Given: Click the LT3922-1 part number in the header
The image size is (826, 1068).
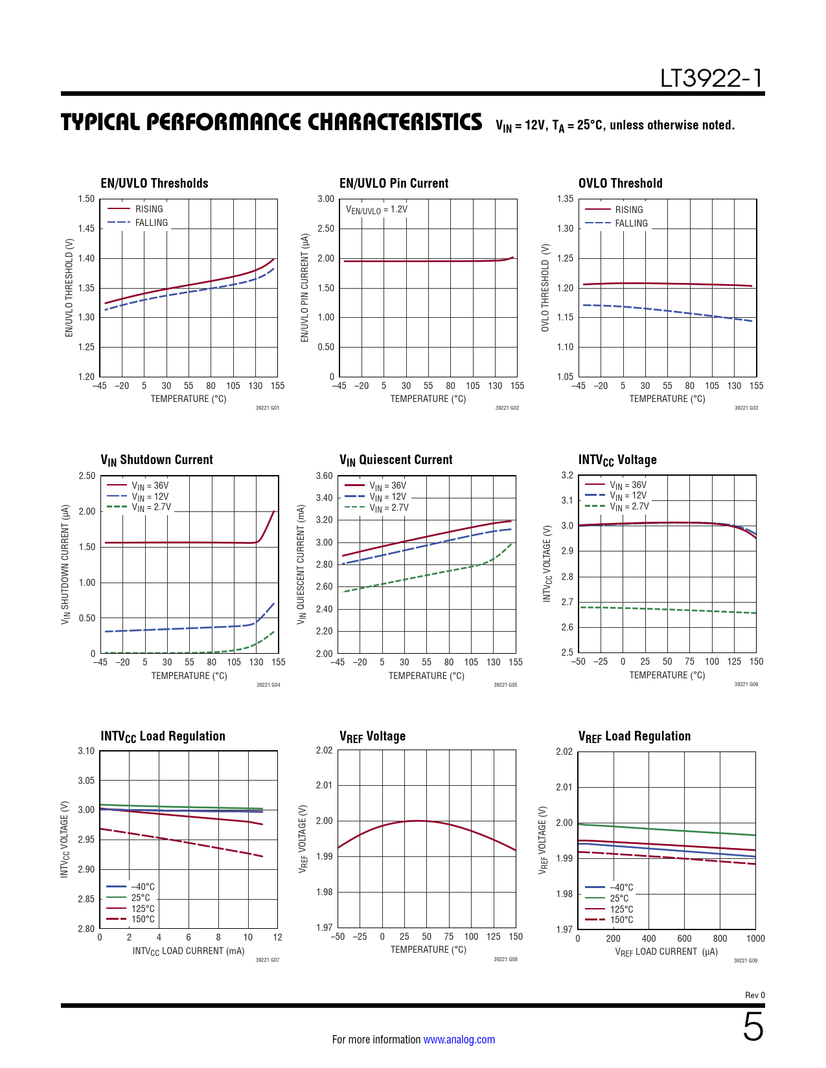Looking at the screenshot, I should coord(711,78).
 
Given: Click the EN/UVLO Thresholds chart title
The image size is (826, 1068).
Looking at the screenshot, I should coord(154,183).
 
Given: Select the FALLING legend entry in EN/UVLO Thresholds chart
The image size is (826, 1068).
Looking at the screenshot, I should coord(151,223).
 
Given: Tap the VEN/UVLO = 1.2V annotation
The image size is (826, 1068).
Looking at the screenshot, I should coord(376,210).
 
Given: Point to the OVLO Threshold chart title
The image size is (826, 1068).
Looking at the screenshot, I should coord(620,183).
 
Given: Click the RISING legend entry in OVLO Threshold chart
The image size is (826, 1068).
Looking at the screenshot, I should coord(628,210).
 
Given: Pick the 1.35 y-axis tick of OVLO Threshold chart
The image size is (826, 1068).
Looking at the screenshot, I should coord(565,199).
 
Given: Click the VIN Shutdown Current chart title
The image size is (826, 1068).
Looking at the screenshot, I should coord(156,460).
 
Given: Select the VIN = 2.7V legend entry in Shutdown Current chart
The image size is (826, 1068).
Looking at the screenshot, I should coord(151,507).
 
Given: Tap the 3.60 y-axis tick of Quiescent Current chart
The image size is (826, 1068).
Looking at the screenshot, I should coord(324,476).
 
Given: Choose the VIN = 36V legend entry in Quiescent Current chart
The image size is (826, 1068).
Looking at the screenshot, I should coord(387,485).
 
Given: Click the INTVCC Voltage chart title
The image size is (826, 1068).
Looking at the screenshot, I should coord(617,460).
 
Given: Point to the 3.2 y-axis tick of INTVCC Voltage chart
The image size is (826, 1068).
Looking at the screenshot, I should coord(567,475).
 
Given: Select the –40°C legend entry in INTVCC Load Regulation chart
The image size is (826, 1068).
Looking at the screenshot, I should coord(143,887).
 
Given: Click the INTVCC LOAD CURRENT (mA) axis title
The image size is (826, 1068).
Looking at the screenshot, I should coord(189,951).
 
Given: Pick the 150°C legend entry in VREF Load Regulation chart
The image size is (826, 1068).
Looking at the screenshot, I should coord(621,920).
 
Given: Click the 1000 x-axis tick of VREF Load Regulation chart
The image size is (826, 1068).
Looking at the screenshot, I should coord(755,939).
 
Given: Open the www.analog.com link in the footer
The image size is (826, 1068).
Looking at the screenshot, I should coord(459,1040).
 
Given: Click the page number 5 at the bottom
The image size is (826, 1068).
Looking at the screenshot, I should coord(753,1027).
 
